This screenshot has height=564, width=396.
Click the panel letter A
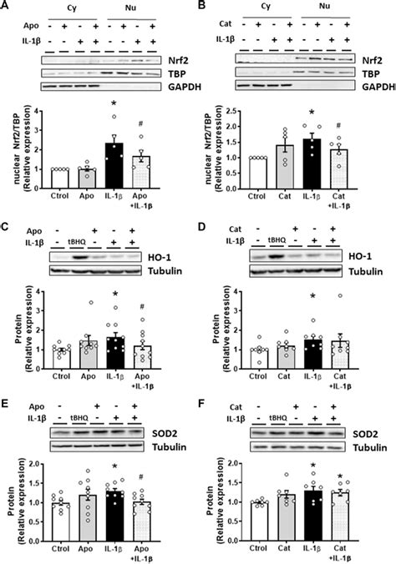7,7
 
